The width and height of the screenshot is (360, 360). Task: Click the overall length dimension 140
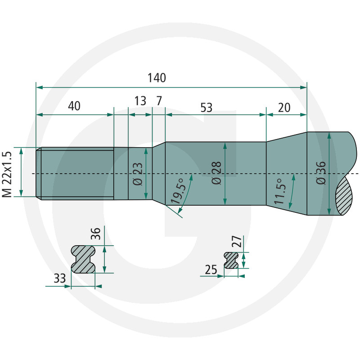coord(157,78)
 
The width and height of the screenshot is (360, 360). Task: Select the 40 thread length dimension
coord(74,106)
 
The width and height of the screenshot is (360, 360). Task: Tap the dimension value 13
coord(140,101)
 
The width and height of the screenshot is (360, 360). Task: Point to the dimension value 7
coord(159,101)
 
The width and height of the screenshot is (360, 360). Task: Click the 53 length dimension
coord(207,108)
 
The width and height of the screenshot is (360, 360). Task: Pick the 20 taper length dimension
coord(284,108)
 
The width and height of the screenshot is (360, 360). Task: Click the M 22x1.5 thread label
coord(7,174)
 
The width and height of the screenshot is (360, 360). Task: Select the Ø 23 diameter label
coord(138,174)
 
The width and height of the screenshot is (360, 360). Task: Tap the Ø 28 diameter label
coord(216,173)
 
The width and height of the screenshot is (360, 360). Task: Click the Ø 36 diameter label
coord(321,173)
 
